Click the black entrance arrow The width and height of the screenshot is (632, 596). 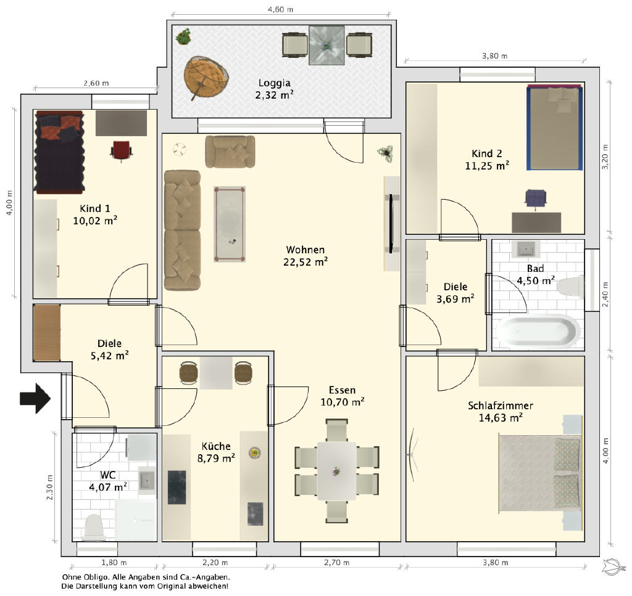pyautogui.click(x=35, y=398)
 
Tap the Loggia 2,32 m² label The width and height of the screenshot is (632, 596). pyautogui.click(x=274, y=89)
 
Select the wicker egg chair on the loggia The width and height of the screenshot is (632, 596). pyautogui.click(x=206, y=77)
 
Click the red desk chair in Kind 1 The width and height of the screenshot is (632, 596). pyautogui.click(x=121, y=150)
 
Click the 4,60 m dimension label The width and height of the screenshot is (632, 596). pyautogui.click(x=281, y=9)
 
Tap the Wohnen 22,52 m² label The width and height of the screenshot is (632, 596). pyautogui.click(x=305, y=256)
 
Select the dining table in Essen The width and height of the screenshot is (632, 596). pyautogui.click(x=336, y=471)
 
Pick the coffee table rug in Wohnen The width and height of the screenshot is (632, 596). pyautogui.click(x=230, y=224)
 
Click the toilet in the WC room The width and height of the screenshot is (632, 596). pyautogui.click(x=94, y=527)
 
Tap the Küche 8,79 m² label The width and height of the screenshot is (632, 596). pyautogui.click(x=216, y=452)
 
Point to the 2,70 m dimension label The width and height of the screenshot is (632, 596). pyautogui.click(x=336, y=563)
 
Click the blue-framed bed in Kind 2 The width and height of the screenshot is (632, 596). pyautogui.click(x=555, y=127)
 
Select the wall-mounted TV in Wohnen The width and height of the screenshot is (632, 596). pyautogui.click(x=391, y=224)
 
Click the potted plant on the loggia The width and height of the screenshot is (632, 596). pyautogui.click(x=183, y=36)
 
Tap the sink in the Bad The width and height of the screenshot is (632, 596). pyautogui.click(x=526, y=249)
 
